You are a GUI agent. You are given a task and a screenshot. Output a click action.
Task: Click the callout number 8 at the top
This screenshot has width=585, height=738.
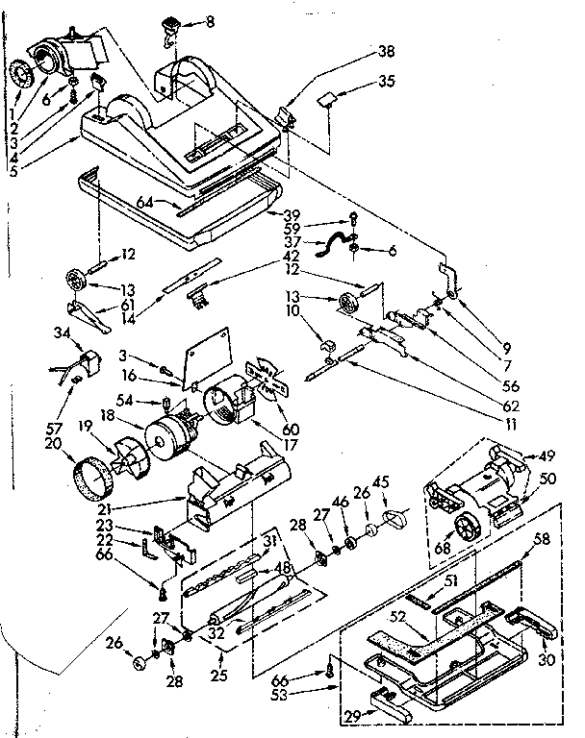click(x=212, y=20)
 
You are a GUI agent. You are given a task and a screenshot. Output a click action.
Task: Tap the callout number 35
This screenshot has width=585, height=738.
click(x=387, y=82)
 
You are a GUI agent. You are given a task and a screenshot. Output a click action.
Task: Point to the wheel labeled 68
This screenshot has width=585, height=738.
click(x=468, y=529)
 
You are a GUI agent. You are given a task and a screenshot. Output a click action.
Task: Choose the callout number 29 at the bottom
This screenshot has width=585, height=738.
click(x=352, y=714)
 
